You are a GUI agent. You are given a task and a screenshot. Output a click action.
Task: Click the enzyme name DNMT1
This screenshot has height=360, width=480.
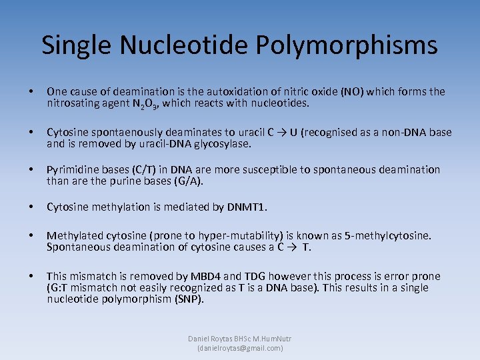[245, 207]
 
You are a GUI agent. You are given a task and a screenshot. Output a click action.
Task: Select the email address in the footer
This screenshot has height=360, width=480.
[240, 348]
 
